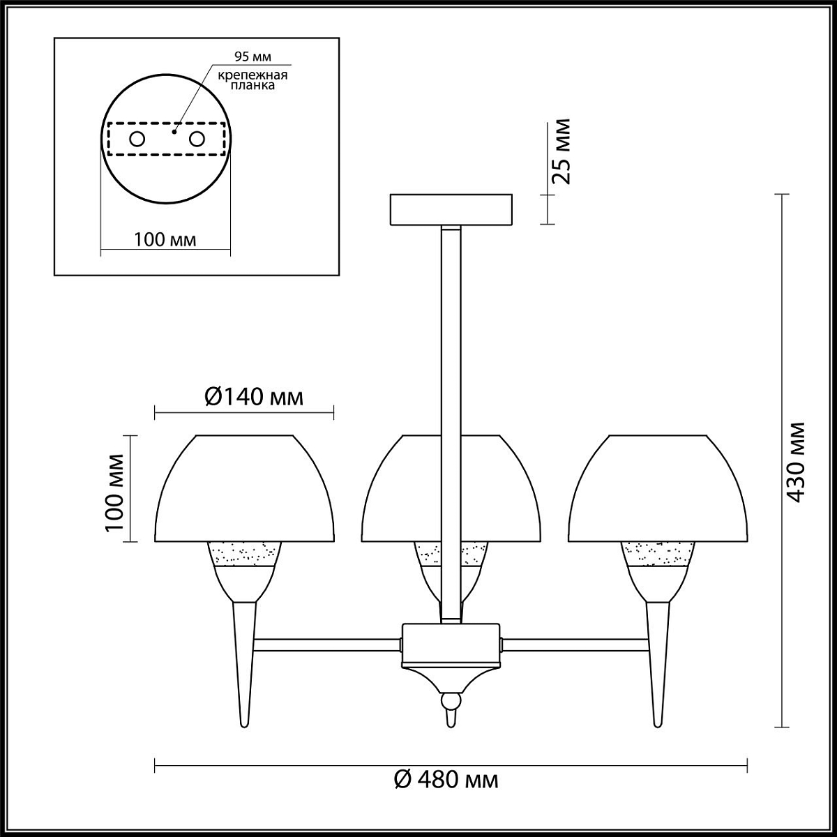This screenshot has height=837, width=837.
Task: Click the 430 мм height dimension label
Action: click(797, 462)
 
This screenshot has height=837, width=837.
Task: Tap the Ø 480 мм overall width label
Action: click(446, 780)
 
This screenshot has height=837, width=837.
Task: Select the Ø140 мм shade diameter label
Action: click(254, 397)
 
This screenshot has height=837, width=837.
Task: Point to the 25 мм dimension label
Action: click(560, 151)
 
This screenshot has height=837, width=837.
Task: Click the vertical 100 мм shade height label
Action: click(114, 492)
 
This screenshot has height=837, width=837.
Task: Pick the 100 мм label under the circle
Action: click(165, 239)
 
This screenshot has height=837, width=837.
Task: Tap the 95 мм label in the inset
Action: click(252, 56)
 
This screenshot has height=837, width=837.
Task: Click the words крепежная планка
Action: click(252, 80)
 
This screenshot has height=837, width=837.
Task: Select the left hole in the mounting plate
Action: click(137, 139)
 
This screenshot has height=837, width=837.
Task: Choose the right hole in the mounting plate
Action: click(197, 139)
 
